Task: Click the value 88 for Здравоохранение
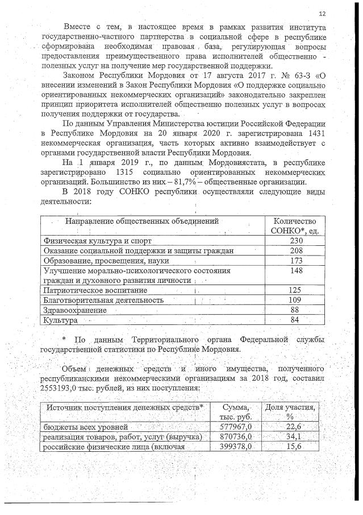pos(294,310)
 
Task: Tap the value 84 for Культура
pos(294,320)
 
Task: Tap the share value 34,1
pos(294,436)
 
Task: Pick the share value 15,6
pos(294,446)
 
